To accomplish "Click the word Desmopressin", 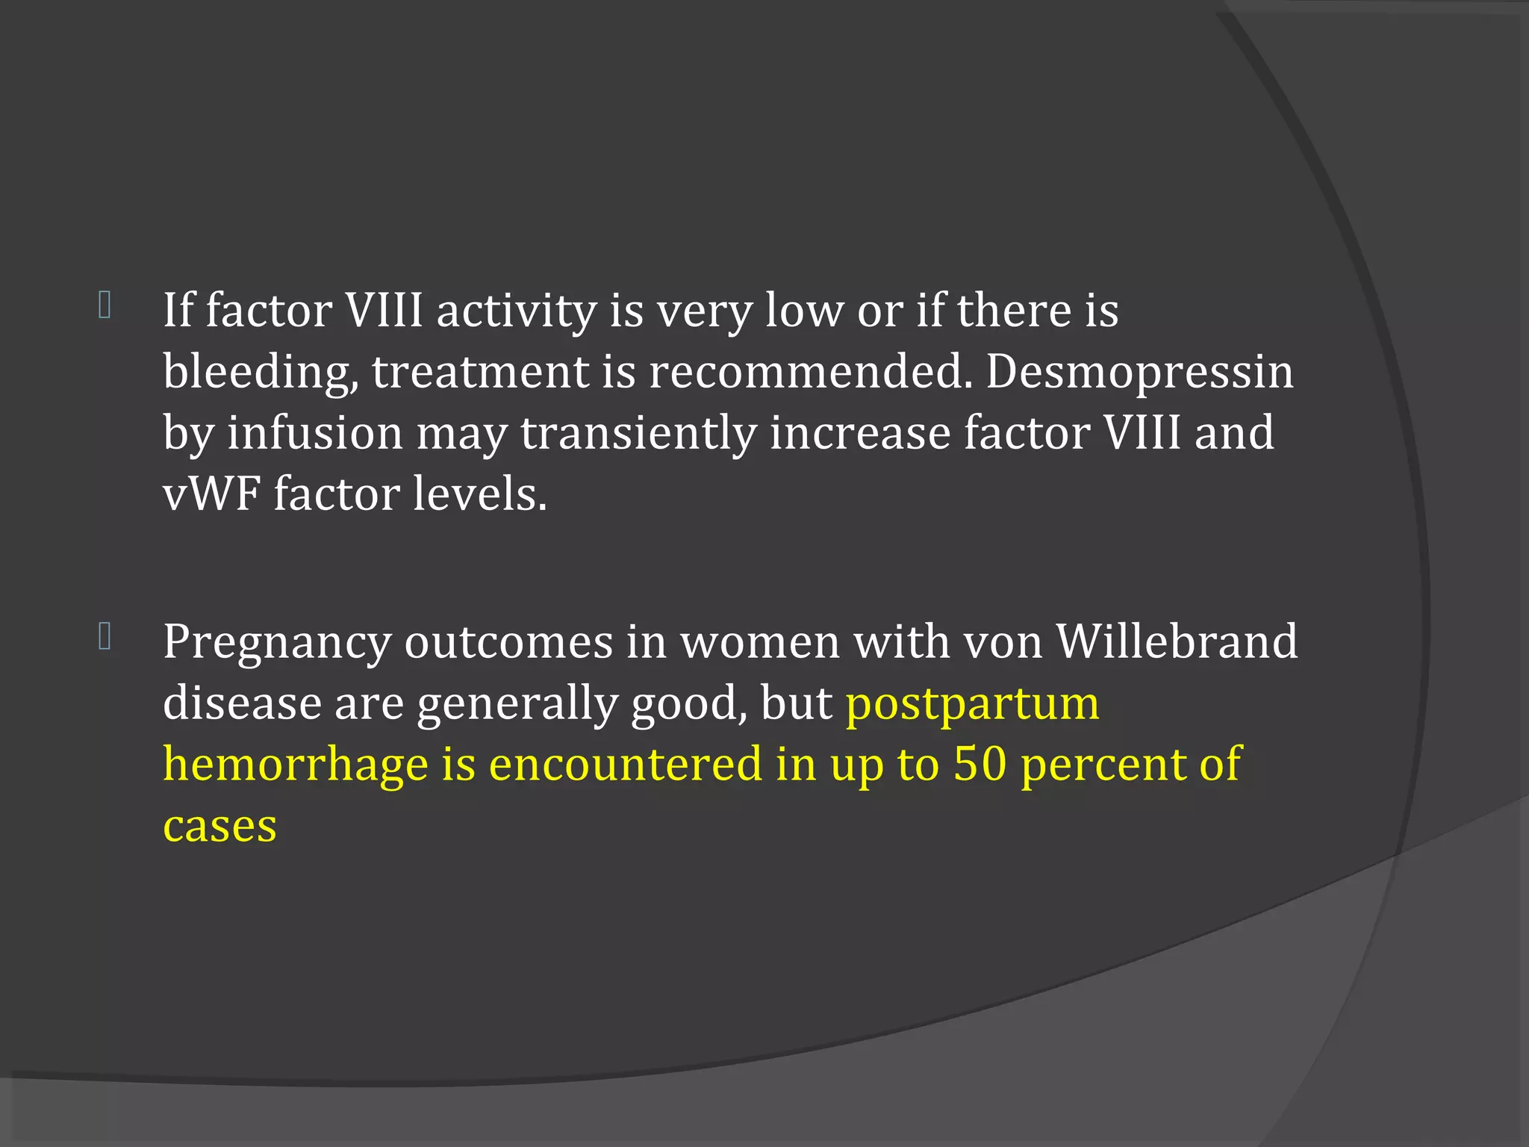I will (x=1139, y=371).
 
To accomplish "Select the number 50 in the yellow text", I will (x=980, y=764).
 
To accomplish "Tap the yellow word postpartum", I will (x=972, y=704).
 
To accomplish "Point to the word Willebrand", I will (x=1177, y=641).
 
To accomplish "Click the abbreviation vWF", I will (x=211, y=494).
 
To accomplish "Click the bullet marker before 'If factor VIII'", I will (x=105, y=305).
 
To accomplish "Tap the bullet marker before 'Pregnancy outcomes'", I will (x=105, y=637).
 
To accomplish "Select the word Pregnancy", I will (x=277, y=643).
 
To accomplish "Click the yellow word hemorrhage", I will (x=295, y=765).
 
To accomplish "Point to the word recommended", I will (x=811, y=371).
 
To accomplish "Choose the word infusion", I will (x=314, y=433).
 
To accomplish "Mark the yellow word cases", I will (x=219, y=827).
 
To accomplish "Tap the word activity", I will (x=516, y=311).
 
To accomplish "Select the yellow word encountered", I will (x=626, y=764).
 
